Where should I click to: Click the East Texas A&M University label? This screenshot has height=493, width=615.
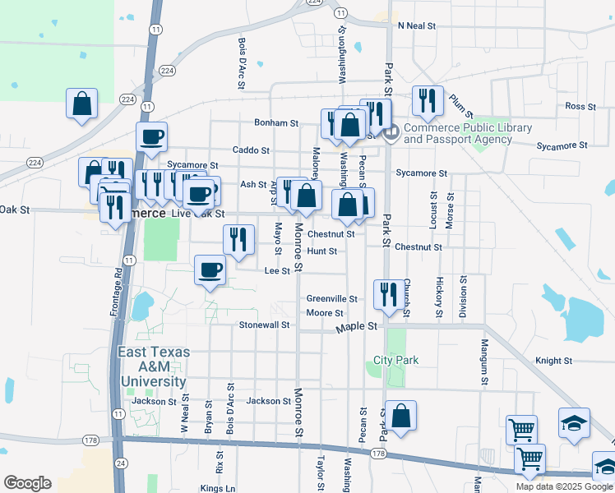coord(153,366)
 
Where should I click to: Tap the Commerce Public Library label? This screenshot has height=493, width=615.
coord(468,133)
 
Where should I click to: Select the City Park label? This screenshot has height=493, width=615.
coord(396,360)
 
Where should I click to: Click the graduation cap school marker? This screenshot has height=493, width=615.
coord(574,423)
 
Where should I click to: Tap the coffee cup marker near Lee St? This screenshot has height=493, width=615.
coord(210,270)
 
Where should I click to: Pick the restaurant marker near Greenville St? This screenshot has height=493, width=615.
coord(390,294)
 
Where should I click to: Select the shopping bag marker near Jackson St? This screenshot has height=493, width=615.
coord(400,416)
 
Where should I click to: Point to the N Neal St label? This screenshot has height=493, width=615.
coord(416,25)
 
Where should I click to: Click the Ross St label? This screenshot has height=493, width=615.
coord(580,107)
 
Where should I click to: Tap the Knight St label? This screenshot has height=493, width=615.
coord(553,361)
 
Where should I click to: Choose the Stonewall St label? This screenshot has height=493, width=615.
coord(264,325)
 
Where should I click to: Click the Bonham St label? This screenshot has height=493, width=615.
coord(275,123)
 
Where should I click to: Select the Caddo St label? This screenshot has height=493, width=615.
coord(251,150)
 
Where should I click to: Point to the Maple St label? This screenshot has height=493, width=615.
coord(356,327)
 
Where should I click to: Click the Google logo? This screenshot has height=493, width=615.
coord(27,482)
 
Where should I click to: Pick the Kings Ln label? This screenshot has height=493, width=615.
coord(217,488)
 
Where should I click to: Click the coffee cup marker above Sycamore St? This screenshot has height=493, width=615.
coord(151,136)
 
